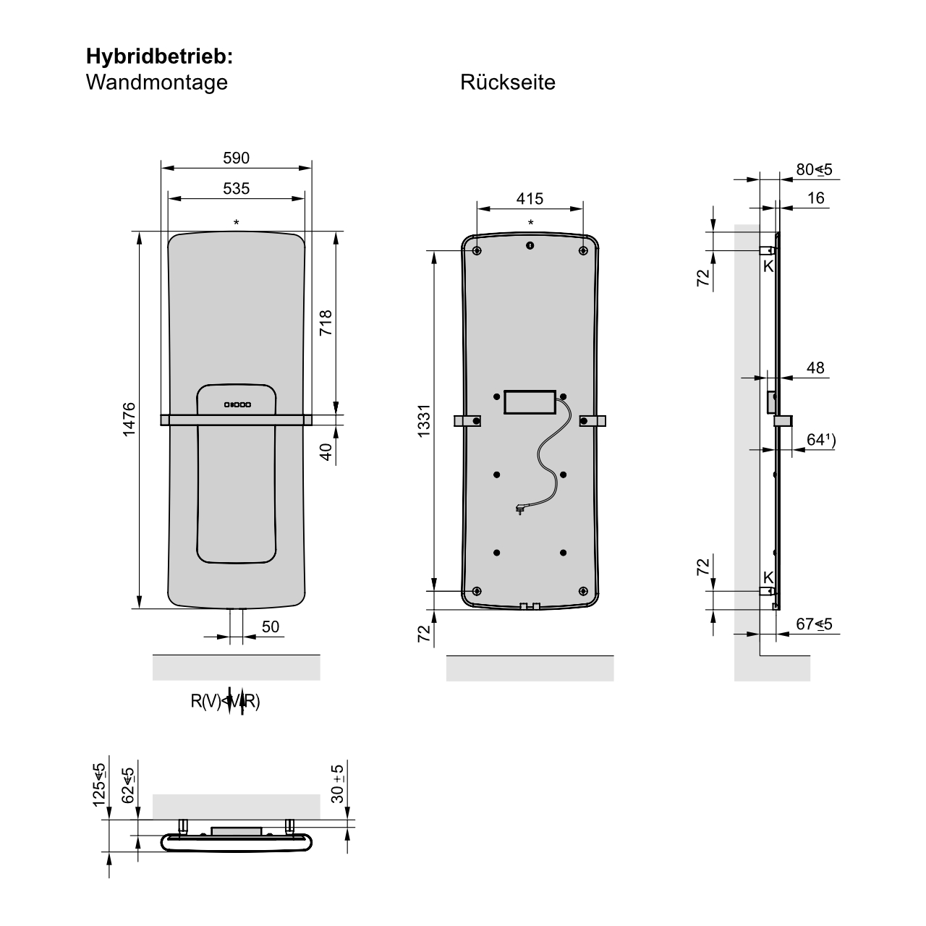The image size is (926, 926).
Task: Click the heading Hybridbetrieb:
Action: click(159, 56)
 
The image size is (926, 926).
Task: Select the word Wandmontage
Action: click(156, 82)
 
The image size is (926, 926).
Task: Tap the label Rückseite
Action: click(507, 82)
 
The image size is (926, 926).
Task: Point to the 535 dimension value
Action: click(236, 189)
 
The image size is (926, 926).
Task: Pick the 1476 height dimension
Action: click(129, 420)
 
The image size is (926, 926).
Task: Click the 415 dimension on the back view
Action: click(530, 198)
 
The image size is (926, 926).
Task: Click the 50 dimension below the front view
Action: click(270, 626)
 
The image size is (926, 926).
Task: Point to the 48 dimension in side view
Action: click(815, 368)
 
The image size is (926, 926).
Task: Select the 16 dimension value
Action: click(815, 198)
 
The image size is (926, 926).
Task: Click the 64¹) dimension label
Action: click(820, 440)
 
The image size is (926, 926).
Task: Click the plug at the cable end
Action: click(519, 509)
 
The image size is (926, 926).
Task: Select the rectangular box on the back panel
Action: click(530, 402)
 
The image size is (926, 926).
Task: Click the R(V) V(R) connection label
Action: click(225, 701)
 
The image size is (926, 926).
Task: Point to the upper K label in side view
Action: click(768, 266)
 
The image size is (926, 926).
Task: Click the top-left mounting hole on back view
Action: click(477, 250)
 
